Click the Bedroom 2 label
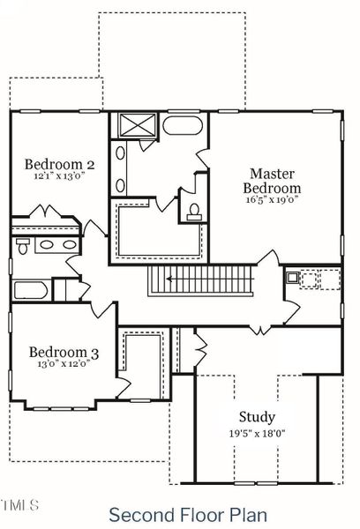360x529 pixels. [x=60, y=164]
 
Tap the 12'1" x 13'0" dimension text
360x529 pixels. [x=60, y=176]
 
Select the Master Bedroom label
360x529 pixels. [x=272, y=181]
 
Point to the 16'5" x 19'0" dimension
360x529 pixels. [x=272, y=200]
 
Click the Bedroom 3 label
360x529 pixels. [x=64, y=353]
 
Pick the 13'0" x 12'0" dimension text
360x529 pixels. [x=64, y=365]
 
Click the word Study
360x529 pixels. [x=257, y=417]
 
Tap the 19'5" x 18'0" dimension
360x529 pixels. [x=257, y=432]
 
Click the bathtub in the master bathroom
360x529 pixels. [x=183, y=124]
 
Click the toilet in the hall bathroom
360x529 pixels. [x=23, y=244]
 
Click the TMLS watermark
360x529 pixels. [x=19, y=505]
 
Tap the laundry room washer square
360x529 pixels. [x=292, y=277]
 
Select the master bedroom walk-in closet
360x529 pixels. [x=159, y=231]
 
